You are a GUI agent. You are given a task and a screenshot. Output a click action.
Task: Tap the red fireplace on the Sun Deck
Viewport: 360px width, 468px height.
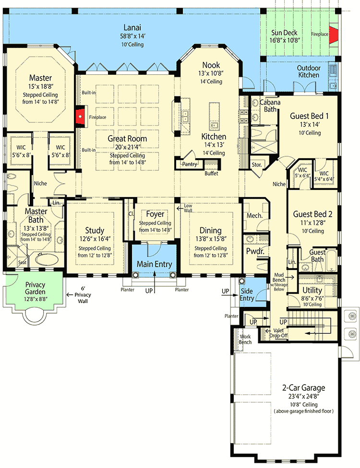pos(334,35)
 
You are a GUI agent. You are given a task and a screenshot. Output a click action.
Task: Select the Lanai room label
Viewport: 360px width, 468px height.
pos(132,27)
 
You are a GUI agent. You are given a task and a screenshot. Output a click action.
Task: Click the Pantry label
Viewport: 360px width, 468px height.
pos(190,164)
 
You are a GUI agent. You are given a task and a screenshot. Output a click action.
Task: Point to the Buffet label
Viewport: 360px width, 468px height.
pos(211,174)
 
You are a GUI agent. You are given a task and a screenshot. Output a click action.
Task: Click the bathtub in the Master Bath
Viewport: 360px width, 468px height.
pos(47,259)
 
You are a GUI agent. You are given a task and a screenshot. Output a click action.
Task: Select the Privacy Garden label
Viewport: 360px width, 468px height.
pos(35,288)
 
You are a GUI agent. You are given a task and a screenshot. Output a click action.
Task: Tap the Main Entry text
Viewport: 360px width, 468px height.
pos(154,264)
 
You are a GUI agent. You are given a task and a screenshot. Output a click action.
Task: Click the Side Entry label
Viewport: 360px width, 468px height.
pos(247,294)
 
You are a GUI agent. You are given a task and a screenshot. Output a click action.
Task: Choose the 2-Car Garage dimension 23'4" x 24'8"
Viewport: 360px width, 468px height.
pos(304,397)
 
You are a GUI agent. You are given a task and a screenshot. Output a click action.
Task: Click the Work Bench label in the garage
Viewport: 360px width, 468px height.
pos(245,339)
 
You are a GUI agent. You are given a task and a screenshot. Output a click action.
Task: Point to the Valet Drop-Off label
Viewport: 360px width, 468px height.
pos(278,333)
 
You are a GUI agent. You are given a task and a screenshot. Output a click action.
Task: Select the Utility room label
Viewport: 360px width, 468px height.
pos(312,290)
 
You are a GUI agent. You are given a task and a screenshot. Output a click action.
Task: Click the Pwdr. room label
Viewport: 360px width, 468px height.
pos(255,251)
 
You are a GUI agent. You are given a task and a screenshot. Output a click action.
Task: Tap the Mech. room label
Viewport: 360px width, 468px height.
pos(254,215)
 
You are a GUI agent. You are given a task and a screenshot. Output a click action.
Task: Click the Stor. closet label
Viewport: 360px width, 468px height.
pos(257,165)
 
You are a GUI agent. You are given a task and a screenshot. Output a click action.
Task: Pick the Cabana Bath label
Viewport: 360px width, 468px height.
pos(270,105)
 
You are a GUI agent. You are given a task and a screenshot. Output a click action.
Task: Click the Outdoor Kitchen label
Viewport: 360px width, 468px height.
pos(309,71)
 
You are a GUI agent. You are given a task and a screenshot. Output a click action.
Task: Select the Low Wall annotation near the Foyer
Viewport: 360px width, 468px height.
pos(188,208)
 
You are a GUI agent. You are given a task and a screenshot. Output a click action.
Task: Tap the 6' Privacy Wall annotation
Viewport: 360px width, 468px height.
pos(83,294)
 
